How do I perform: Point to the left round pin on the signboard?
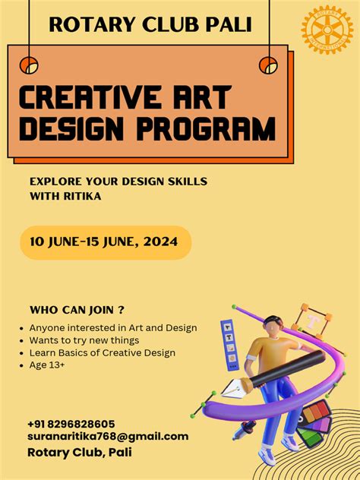tap(29, 66)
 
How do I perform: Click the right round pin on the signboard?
tap(268, 65)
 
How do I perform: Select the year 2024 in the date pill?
tap(162, 242)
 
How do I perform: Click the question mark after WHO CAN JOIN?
tap(122, 310)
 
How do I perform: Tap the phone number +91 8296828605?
tap(71, 424)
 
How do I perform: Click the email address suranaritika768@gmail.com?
tap(107, 437)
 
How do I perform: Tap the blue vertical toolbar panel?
tap(229, 341)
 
